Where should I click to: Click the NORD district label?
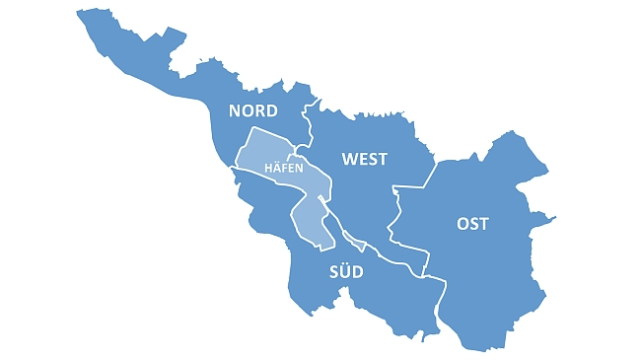252,110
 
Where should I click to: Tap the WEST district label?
364,159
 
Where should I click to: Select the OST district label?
472,224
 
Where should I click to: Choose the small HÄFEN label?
283,169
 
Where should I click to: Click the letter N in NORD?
235,110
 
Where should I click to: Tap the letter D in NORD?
271,110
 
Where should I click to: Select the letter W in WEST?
349,159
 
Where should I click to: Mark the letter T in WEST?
383,159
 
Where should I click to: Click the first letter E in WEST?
362,159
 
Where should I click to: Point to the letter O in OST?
461,224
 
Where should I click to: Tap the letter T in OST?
484,224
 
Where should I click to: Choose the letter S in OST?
474,224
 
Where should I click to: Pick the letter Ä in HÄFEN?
277,169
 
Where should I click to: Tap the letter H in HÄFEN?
269,169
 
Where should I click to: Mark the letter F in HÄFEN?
284,169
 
